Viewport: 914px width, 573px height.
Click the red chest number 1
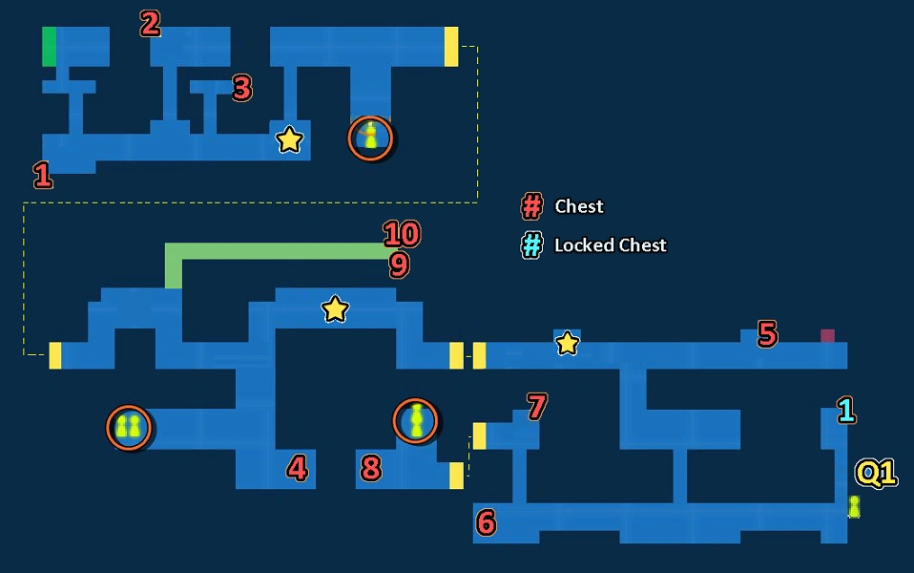[43, 175]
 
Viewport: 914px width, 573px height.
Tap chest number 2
[151, 24]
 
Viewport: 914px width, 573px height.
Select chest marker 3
[242, 88]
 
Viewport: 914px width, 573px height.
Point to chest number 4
[298, 468]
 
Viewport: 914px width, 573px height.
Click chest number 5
[767, 333]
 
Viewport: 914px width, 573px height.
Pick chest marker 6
[486, 522]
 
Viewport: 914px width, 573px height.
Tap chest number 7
[537, 407]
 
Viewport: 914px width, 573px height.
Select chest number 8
[371, 468]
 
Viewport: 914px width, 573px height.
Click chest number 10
[402, 234]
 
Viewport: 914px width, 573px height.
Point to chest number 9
[400, 265]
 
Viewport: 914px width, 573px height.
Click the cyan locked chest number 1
[846, 411]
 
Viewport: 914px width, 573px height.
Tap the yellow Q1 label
[876, 474]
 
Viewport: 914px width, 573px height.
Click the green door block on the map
[50, 47]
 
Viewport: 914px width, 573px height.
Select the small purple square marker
[828, 335]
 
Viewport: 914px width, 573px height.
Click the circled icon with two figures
[129, 428]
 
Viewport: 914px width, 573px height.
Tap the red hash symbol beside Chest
[531, 206]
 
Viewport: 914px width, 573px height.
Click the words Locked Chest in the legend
[611, 245]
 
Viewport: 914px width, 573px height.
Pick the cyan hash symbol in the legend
[531, 245]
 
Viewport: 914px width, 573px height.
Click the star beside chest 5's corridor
[567, 343]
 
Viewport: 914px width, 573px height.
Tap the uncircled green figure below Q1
[854, 506]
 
